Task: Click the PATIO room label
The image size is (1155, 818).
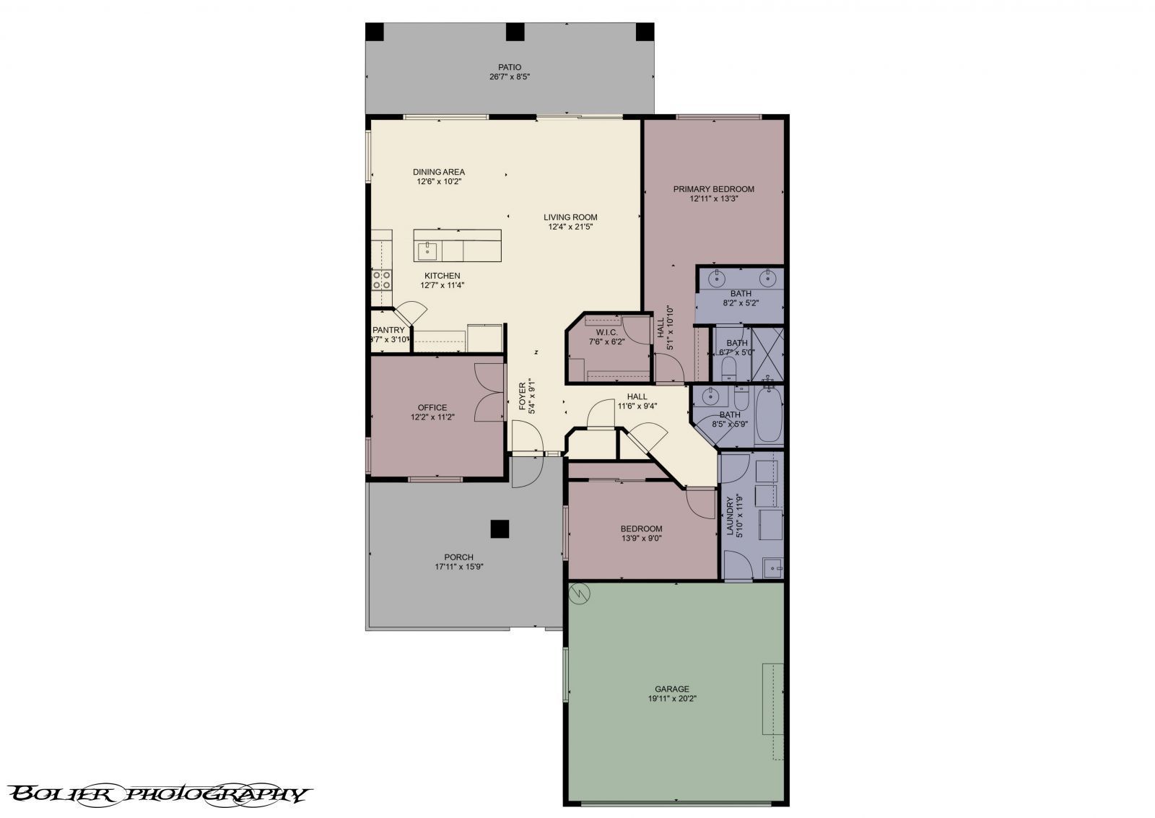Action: pos(509,67)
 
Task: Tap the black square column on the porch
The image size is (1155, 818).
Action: pos(499,529)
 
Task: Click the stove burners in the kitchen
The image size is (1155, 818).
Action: pos(381,279)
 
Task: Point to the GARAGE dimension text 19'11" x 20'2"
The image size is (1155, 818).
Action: pos(671,698)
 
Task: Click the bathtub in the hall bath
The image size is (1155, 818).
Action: pos(769,417)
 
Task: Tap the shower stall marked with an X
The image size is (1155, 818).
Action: pos(767,354)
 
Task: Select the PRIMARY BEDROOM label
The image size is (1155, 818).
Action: pos(713,189)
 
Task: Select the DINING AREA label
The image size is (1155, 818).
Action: pos(438,172)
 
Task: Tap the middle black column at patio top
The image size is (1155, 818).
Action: pos(514,32)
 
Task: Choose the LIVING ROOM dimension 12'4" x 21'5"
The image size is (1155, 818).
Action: pos(570,227)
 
